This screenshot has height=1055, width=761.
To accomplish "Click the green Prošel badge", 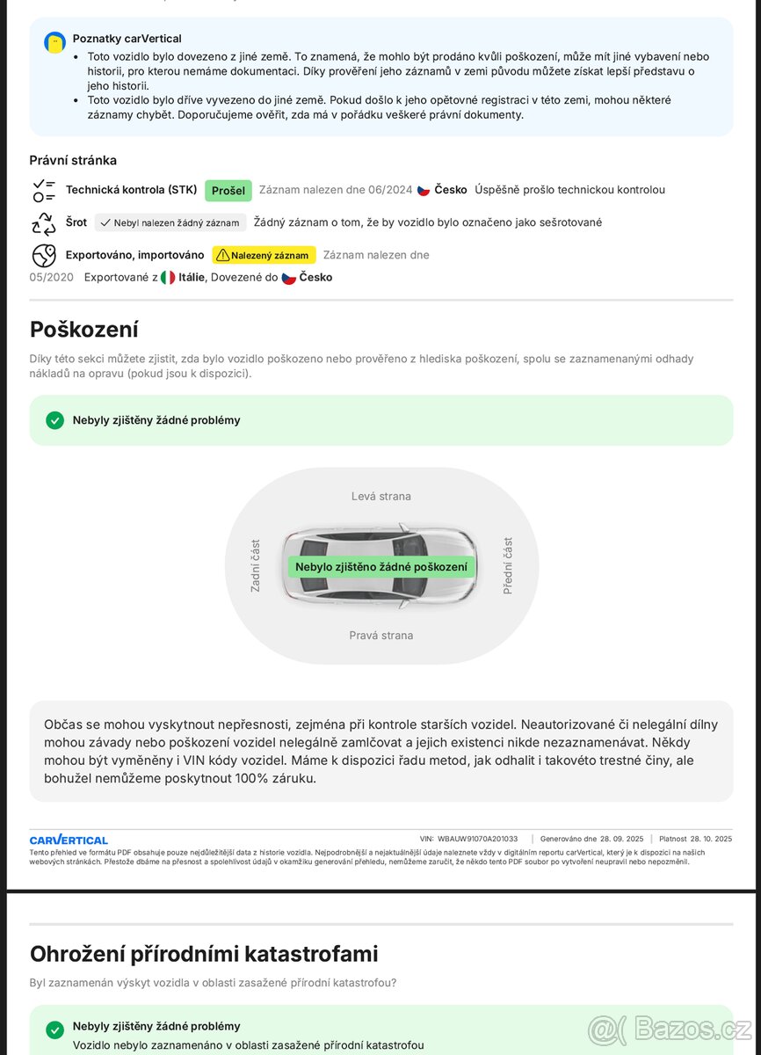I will pyautogui.click(x=228, y=191).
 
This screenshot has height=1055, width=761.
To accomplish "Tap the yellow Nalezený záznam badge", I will pyautogui.click(x=264, y=255).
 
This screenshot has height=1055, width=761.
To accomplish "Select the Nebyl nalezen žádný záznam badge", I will pyautogui.click(x=170, y=222).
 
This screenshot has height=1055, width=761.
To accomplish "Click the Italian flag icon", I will pyautogui.click(x=168, y=278).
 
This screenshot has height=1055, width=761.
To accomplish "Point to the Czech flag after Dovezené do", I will pyautogui.click(x=288, y=278).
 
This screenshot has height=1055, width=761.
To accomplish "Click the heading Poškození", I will pyautogui.click(x=84, y=330).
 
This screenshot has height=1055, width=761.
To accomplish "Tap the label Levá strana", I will pyautogui.click(x=380, y=497).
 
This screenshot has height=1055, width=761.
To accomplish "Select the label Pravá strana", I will pyautogui.click(x=380, y=636).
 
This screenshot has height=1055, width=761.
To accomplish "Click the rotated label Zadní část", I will pyautogui.click(x=256, y=565).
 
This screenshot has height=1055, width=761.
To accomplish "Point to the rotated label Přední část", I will pyautogui.click(x=507, y=565).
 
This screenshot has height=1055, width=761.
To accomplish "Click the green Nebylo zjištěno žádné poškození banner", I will pyautogui.click(x=381, y=567).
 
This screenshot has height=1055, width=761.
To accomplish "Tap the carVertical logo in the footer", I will pyautogui.click(x=69, y=840).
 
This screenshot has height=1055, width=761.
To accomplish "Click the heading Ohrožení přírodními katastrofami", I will pyautogui.click(x=204, y=954).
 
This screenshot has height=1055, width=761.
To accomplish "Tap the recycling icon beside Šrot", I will pyautogui.click(x=44, y=223).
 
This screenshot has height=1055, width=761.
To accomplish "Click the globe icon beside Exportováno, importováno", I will pyautogui.click(x=44, y=255).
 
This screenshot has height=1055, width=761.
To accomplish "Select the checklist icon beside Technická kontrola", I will pyautogui.click(x=44, y=190).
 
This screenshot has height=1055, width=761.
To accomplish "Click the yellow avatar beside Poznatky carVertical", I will pyautogui.click(x=54, y=42).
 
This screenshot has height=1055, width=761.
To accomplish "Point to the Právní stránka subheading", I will pyautogui.click(x=73, y=160).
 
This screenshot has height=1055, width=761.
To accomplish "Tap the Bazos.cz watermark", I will pyautogui.click(x=670, y=1029).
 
